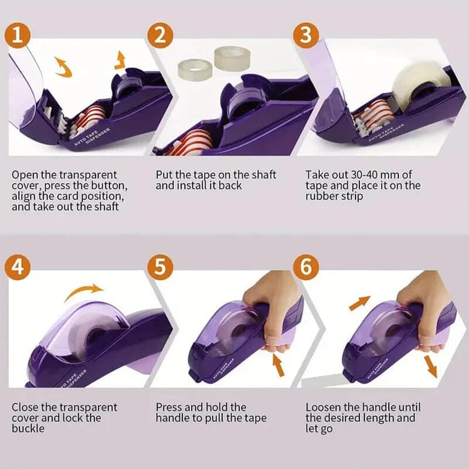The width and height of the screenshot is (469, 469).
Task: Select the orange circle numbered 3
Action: click(x=305, y=35)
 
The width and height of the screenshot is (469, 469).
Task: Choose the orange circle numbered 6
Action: click(x=305, y=267)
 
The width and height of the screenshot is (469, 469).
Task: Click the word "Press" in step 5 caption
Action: click(x=169, y=407)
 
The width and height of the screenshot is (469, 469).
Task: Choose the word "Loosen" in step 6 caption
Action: click(x=325, y=407)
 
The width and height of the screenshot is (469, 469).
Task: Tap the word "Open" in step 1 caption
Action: click(x=23, y=175)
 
